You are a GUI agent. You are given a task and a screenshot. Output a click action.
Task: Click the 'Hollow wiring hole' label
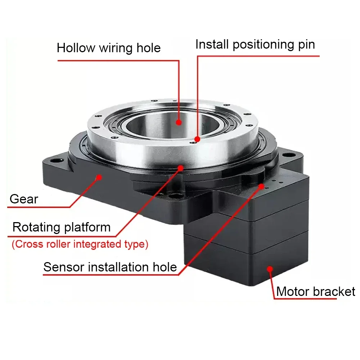coord(108,48)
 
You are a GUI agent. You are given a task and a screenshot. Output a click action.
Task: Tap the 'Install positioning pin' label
coord(255,44)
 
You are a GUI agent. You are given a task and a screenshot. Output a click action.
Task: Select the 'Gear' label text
coord(24,199)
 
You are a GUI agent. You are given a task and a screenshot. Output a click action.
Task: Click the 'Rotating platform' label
coord(61,227)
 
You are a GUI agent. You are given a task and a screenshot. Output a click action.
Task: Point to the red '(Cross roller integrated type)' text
coord(80,244)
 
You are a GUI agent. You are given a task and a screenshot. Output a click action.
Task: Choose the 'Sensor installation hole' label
coord(110,267)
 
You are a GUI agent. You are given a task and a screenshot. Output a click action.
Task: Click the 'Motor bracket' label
coord(315,291)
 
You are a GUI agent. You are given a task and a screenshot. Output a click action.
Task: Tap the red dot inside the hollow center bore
coord(179,122)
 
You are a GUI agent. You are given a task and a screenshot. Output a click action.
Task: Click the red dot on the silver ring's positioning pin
coord(197,139)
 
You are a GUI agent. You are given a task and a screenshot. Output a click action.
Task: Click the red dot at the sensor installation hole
coord(262,185)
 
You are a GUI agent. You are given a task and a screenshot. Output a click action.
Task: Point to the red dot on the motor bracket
coord(269,268)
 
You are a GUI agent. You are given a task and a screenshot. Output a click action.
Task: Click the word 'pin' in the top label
coord(306,44)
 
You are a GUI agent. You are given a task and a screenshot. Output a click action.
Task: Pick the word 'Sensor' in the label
coord(64,267)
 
